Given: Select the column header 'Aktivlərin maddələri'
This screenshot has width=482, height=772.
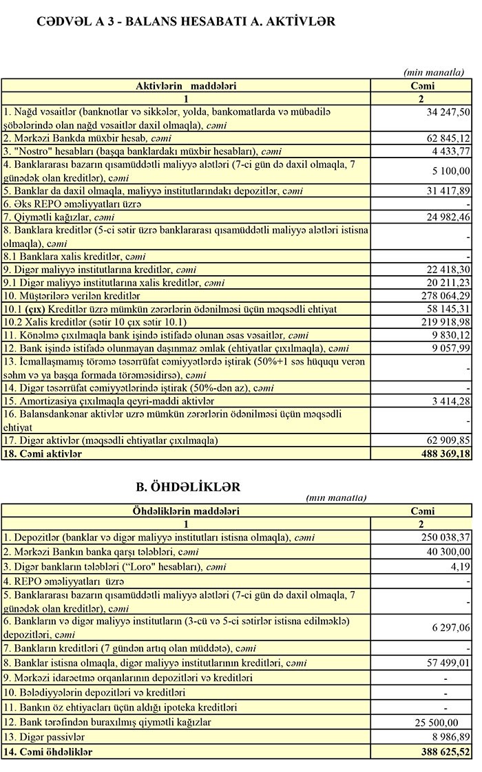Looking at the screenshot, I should click(x=186, y=86).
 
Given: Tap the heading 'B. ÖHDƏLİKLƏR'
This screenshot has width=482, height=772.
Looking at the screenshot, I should click(x=189, y=486).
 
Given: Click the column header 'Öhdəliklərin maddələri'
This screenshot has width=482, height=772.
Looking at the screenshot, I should click(x=186, y=511).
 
